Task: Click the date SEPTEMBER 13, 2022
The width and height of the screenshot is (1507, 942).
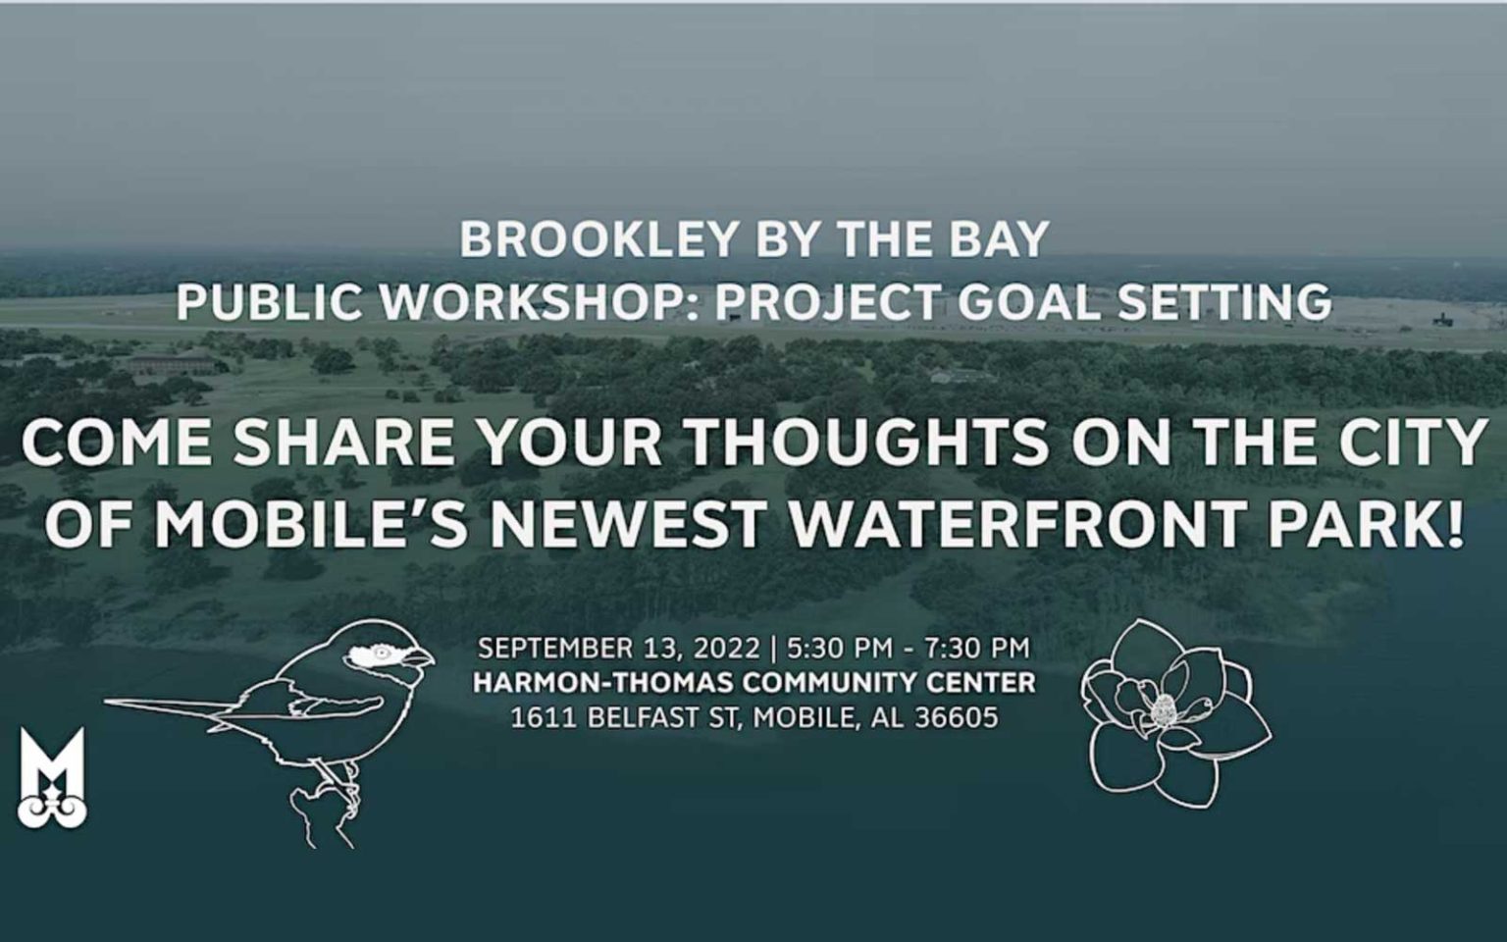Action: tap(618, 649)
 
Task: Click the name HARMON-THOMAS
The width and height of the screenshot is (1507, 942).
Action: tap(601, 683)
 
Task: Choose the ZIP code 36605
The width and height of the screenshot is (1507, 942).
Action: tap(956, 717)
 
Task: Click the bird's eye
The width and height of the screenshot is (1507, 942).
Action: tap(381, 652)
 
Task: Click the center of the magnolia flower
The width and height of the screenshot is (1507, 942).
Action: tap(1165, 707)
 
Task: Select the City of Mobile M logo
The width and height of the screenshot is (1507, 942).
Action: tap(51, 777)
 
